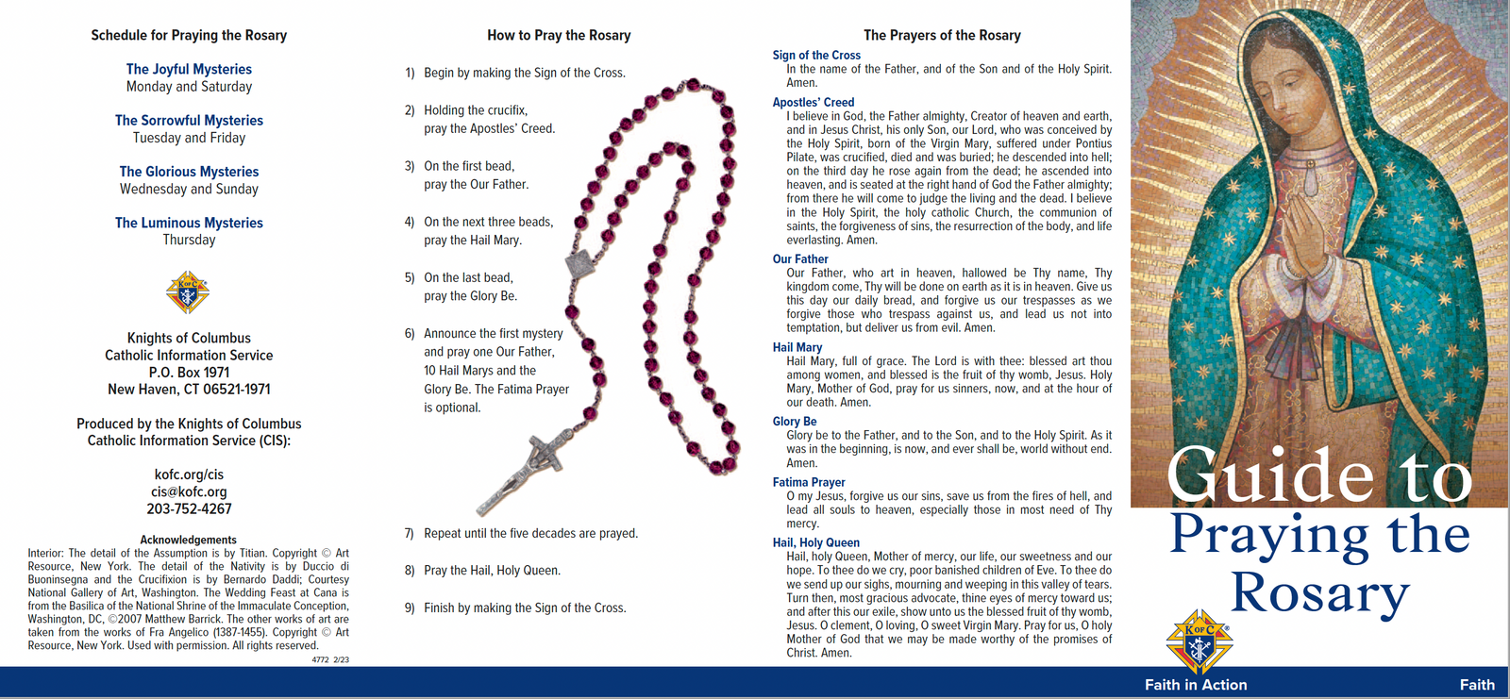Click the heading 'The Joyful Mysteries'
click(x=189, y=69)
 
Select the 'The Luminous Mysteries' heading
click(x=189, y=223)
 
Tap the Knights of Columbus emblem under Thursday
click(x=188, y=291)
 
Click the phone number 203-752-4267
click(x=189, y=508)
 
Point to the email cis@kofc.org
click(x=189, y=492)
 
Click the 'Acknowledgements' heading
click(x=188, y=540)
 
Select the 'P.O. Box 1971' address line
click(x=189, y=372)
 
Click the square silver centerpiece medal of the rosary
click(x=579, y=263)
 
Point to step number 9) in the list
click(x=410, y=608)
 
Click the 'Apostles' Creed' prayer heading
click(x=813, y=103)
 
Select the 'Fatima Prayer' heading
click(x=808, y=483)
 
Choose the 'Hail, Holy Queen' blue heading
click(x=815, y=542)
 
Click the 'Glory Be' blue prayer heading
click(x=794, y=422)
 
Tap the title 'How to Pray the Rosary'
click(x=559, y=35)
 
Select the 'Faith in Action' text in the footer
click(x=1195, y=685)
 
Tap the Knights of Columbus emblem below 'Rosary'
click(x=1199, y=641)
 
